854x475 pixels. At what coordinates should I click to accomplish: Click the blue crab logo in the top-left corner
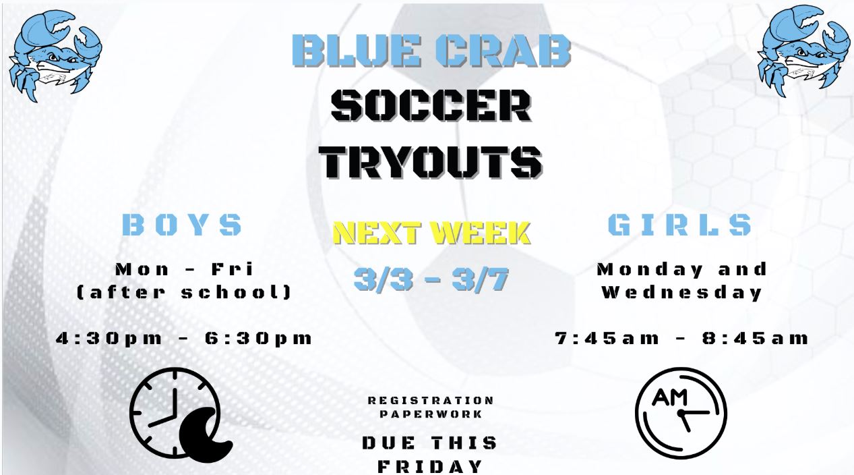tap(55, 56)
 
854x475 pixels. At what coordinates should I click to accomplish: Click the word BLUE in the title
tap(357, 51)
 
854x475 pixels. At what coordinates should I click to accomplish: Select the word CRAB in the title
tap(504, 51)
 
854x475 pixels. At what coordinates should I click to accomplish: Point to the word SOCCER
tap(431, 105)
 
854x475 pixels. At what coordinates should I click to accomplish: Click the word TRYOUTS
tap(431, 162)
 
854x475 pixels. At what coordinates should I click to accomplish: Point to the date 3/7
tap(481, 279)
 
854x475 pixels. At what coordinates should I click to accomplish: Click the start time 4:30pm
tap(109, 339)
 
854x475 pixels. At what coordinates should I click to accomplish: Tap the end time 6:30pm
tap(258, 339)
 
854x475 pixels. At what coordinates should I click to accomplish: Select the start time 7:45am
tap(607, 339)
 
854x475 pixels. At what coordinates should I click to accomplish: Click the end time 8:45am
tap(755, 339)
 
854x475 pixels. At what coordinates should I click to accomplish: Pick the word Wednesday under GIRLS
tap(681, 293)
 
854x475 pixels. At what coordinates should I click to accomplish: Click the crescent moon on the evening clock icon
tap(205, 435)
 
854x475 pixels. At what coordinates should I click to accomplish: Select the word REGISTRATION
tap(431, 401)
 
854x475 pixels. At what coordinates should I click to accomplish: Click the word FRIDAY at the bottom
tap(431, 466)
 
